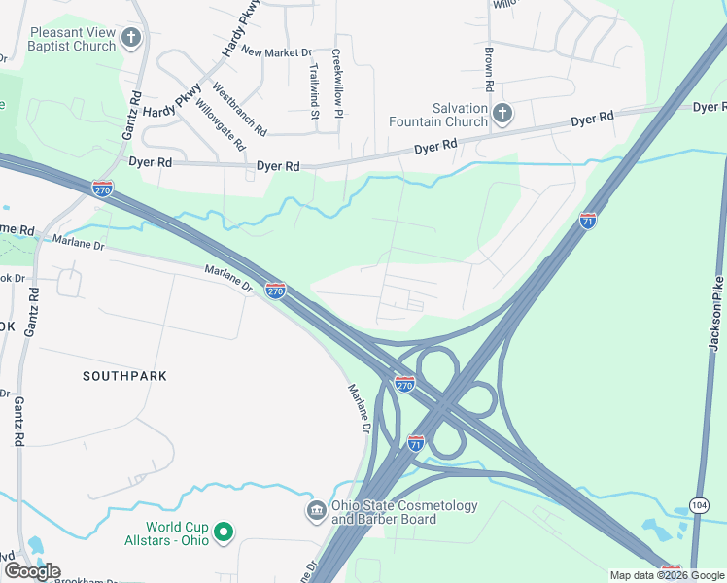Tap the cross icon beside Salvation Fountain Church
[x=502, y=116]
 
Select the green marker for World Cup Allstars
[x=223, y=532]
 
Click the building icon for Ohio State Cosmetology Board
[x=316, y=511]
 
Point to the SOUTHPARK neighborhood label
[x=124, y=375]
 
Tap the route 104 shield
[x=699, y=504]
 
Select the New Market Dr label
[x=277, y=52]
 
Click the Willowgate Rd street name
[x=220, y=124]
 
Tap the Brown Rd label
[x=489, y=70]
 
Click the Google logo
[x=32, y=571]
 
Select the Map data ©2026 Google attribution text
[x=666, y=575]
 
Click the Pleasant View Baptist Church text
[x=72, y=39]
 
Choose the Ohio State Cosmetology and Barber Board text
[x=405, y=512]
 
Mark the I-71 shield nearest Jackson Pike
[x=587, y=221]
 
